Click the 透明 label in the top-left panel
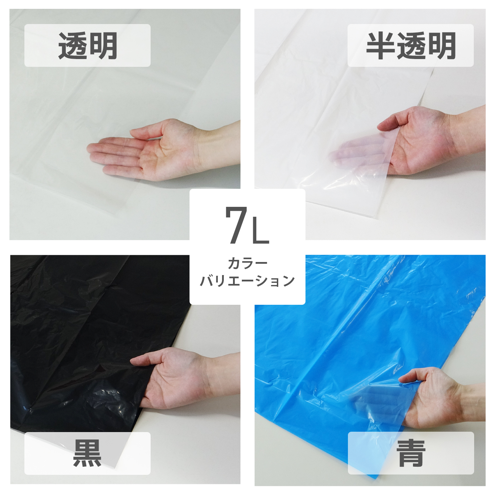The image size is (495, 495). [x=87, y=46]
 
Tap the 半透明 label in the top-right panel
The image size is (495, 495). [x=410, y=46]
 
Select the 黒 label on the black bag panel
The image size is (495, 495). [x=87, y=453]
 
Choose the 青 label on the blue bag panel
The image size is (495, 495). [x=410, y=453]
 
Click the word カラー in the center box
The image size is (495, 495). [x=248, y=263]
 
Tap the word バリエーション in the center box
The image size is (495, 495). [x=248, y=281]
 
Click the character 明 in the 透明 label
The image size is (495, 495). [x=104, y=46]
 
